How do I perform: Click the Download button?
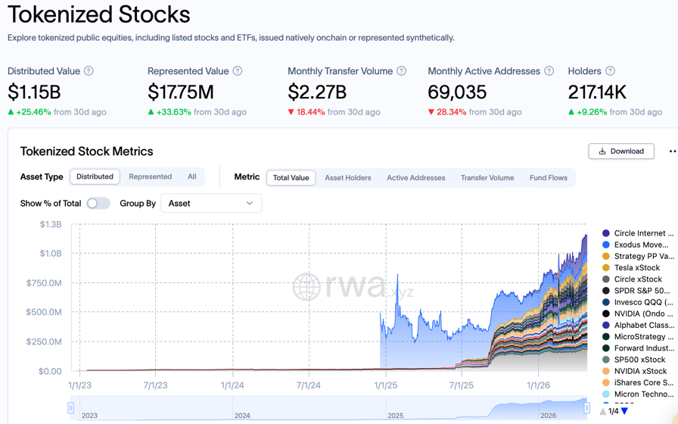pos(620,151)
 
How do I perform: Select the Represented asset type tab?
pos(150,176)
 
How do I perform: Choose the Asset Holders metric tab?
pos(348,178)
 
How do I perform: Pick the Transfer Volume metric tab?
pos(487,178)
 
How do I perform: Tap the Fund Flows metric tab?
pos(548,178)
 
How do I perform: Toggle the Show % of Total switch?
pos(98,203)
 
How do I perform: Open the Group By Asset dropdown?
pos(211,203)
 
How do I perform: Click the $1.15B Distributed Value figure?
pos(34,92)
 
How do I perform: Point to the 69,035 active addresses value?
pos(457,92)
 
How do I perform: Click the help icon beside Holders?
pos(610,71)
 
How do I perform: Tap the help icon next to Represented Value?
pos(238,71)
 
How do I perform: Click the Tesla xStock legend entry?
pos(636,267)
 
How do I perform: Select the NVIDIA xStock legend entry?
pos(640,371)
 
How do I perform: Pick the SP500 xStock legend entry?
pos(639,360)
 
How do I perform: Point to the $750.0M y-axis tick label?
pos(45,283)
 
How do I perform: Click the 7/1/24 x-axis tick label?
pos(308,385)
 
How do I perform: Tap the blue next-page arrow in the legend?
pos(624,411)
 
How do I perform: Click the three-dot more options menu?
pos(672,151)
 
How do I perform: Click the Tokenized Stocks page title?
pos(98,14)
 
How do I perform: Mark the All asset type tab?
pos(191,176)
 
